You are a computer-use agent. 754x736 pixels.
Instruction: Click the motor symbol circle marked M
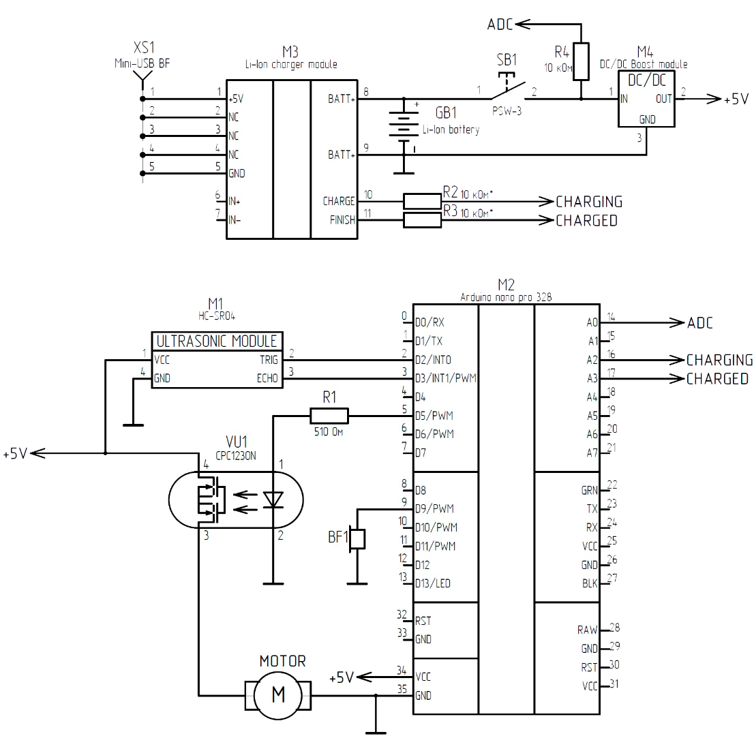tap(278, 695)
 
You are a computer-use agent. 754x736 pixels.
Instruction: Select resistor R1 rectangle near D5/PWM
tap(329, 415)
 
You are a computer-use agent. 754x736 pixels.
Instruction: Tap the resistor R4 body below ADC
tap(580, 61)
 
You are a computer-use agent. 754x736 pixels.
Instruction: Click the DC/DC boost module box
tap(645, 98)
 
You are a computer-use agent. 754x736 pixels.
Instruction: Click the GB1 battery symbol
tap(404, 126)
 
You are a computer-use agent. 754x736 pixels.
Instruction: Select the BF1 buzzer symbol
tap(357, 539)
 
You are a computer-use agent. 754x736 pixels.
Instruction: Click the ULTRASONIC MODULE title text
tap(217, 341)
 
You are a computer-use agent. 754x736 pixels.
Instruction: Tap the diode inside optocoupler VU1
tap(273, 500)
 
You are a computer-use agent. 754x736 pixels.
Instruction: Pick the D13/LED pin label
tap(433, 583)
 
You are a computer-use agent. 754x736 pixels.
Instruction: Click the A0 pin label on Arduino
tap(592, 322)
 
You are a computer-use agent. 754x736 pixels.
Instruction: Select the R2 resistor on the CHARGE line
tap(422, 201)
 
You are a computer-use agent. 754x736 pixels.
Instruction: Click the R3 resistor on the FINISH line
tap(422, 220)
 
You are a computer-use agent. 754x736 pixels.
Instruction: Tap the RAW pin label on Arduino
tap(587, 630)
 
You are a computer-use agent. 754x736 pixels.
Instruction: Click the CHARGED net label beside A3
tap(717, 379)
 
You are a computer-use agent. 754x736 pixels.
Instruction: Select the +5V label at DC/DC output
tap(736, 99)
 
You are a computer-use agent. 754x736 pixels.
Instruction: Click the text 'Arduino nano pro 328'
tap(506, 297)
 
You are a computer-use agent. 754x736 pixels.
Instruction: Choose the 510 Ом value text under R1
tap(329, 431)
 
